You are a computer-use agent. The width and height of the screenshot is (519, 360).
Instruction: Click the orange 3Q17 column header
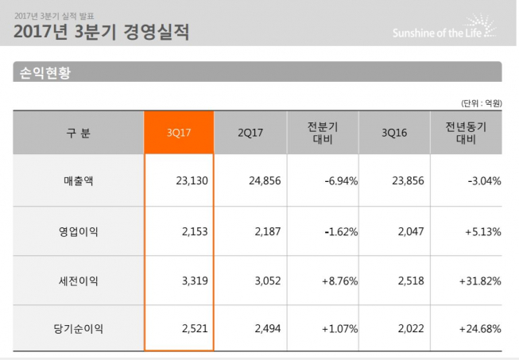(179, 132)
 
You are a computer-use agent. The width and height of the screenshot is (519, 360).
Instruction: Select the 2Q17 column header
(250, 132)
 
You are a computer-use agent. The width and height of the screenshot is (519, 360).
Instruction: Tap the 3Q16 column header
(394, 132)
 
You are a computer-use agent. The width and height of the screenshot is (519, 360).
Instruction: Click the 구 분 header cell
(78, 132)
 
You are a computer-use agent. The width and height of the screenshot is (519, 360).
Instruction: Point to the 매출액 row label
(78, 181)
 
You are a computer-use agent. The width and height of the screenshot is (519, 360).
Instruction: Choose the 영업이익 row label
(78, 231)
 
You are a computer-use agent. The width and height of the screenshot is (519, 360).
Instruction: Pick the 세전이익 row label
(78, 281)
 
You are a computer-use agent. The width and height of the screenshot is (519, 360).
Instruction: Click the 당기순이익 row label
(78, 329)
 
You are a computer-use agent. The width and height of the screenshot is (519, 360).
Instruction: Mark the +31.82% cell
(480, 281)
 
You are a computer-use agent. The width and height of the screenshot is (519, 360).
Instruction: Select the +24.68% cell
(480, 329)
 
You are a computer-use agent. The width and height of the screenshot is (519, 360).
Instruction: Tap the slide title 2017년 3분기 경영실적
(101, 33)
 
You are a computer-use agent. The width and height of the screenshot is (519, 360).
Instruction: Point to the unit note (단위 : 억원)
(482, 103)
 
